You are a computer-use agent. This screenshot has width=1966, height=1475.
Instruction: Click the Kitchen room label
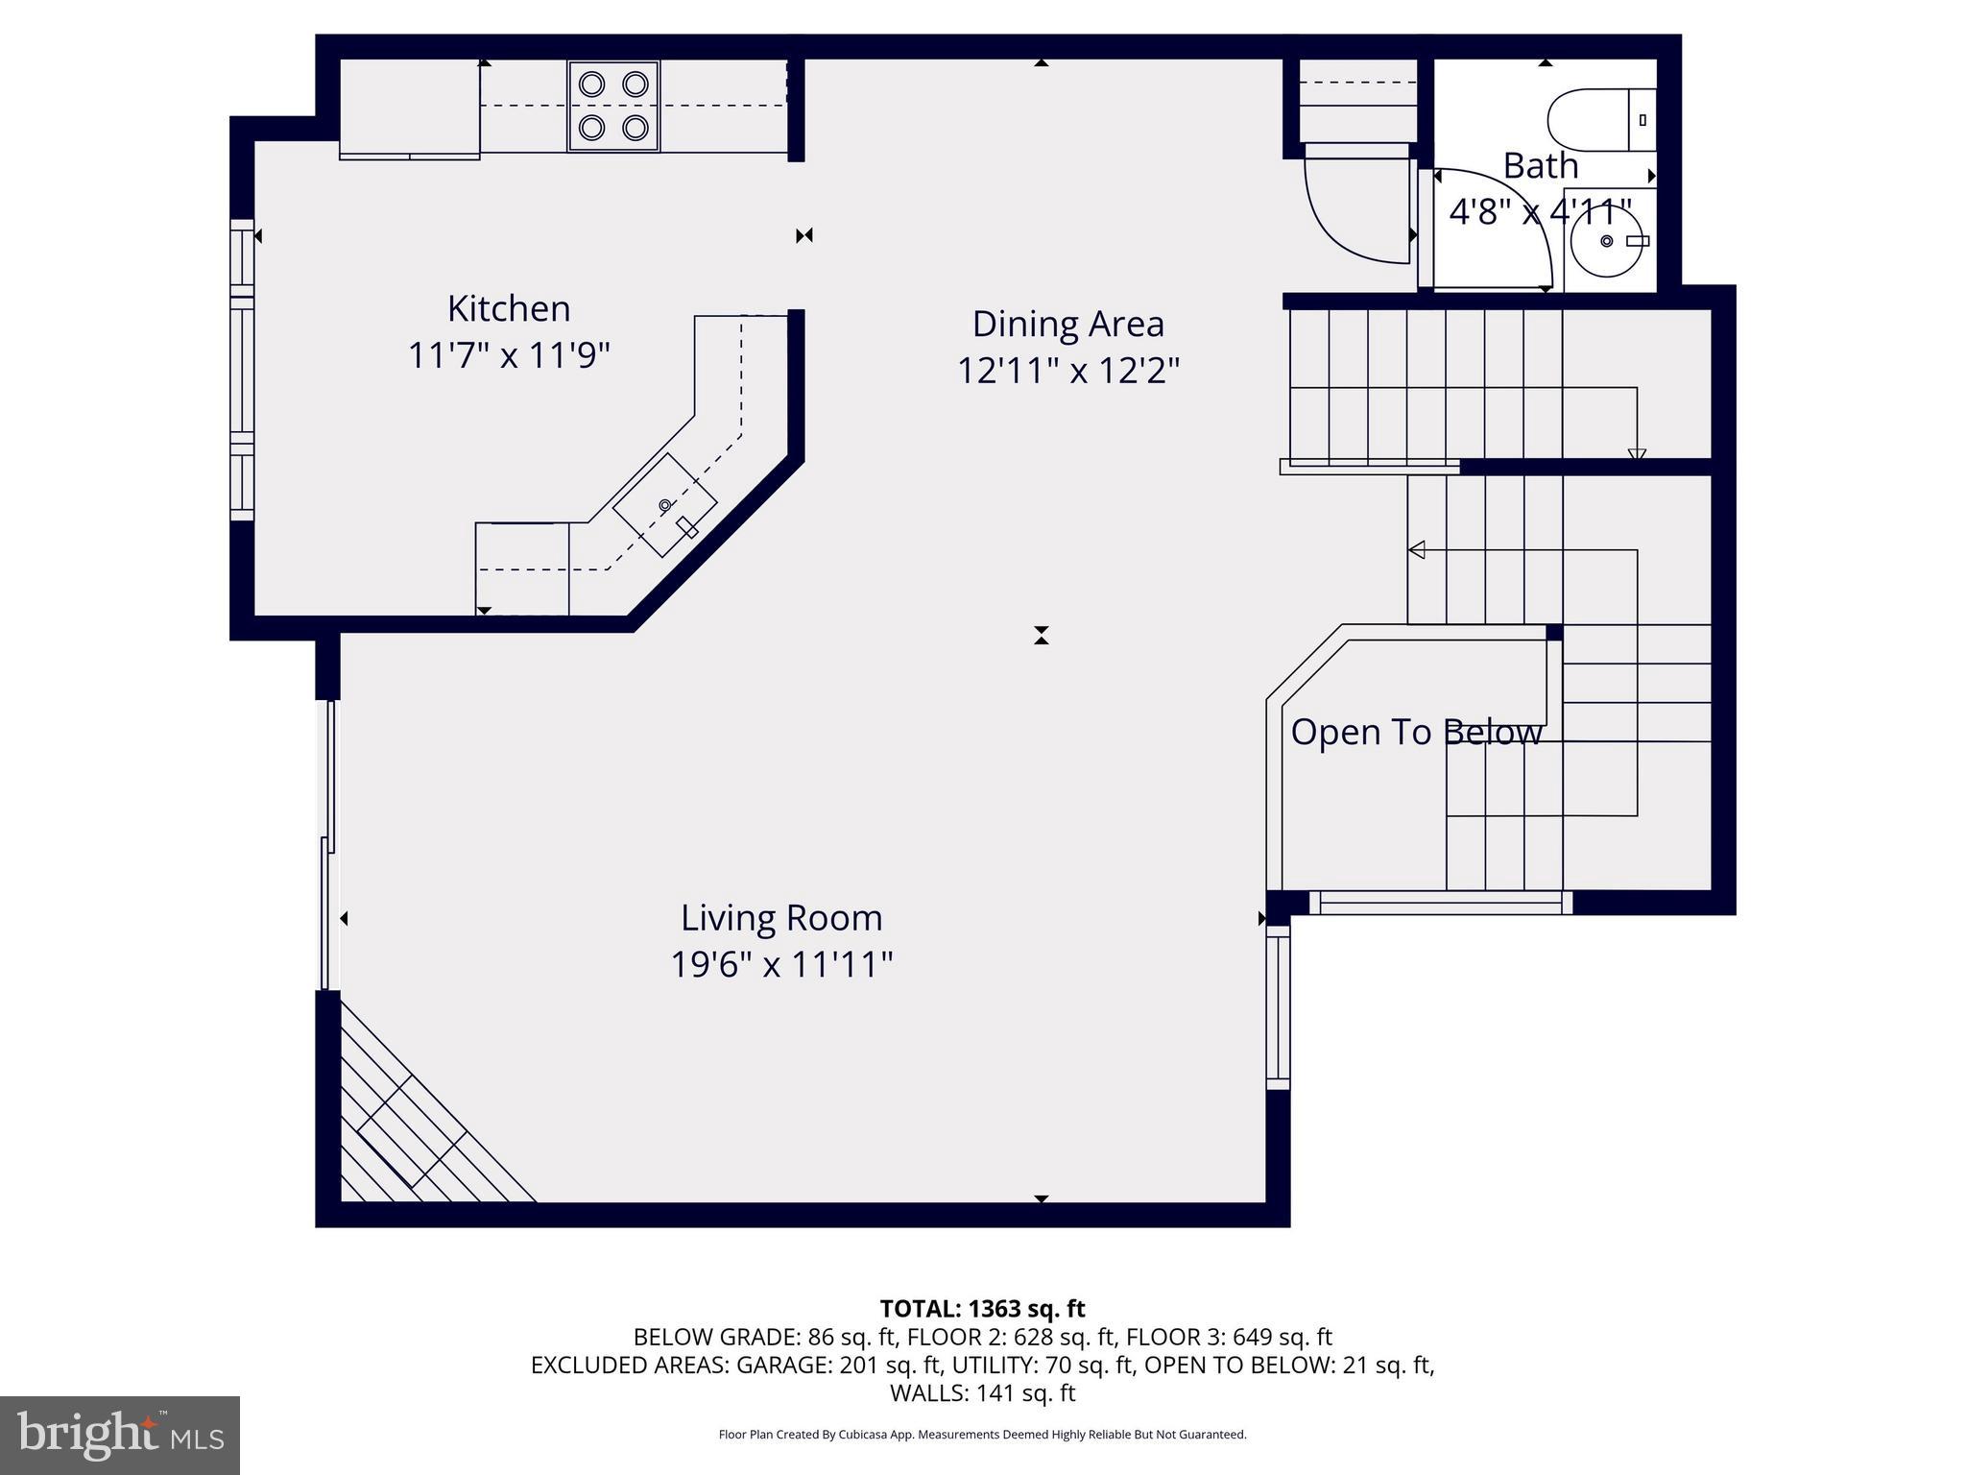pyautogui.click(x=509, y=309)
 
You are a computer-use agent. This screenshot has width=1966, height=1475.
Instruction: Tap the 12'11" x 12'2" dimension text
pyautogui.click(x=1067, y=371)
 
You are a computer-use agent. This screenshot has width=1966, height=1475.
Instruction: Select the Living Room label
pyautogui.click(x=781, y=918)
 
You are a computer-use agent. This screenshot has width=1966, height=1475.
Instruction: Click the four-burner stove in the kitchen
pyautogui.click(x=613, y=106)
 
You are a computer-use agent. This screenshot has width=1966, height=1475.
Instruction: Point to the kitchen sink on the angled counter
pyautogui.click(x=665, y=505)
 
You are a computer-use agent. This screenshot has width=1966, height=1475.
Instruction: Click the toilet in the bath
pyautogui.click(x=1600, y=120)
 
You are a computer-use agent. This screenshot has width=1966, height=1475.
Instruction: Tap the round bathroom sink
pyautogui.click(x=1607, y=241)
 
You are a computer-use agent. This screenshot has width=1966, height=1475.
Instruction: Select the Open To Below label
pyautogui.click(x=1416, y=733)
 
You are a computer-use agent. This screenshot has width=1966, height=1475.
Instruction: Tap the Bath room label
pyautogui.click(x=1540, y=166)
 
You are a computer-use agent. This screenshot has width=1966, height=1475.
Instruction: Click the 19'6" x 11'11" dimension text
pyautogui.click(x=781, y=964)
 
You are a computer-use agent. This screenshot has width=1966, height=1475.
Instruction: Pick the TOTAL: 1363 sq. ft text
pyautogui.click(x=982, y=1309)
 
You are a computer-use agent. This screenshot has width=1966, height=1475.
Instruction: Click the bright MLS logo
pyautogui.click(x=120, y=1436)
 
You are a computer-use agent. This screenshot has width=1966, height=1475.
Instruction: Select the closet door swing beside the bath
pyautogui.click(x=1354, y=206)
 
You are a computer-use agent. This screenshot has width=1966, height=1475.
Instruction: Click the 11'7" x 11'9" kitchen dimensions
pyautogui.click(x=509, y=356)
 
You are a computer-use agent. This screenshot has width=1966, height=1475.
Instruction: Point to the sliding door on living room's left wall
pyautogui.click(x=327, y=845)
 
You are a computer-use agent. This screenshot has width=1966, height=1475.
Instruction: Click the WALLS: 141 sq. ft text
pyautogui.click(x=982, y=1392)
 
